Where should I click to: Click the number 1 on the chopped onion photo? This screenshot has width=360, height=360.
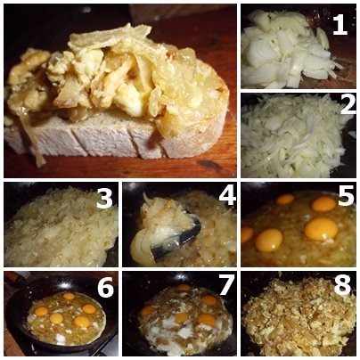click(x=340, y=25)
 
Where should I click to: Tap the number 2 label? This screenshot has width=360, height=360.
click(x=348, y=104)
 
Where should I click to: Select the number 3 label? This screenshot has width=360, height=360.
click(x=104, y=198)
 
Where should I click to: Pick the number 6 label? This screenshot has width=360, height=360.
click(x=105, y=287)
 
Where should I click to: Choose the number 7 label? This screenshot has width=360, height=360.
click(x=226, y=285)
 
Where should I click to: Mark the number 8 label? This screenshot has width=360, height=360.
click(x=342, y=286)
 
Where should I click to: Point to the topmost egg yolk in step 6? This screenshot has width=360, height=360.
click(x=69, y=296)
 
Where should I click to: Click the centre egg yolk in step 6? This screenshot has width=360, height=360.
click(x=56, y=318)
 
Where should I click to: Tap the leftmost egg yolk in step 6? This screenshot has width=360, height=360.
click(x=41, y=311)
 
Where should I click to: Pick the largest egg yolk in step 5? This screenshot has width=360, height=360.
click(x=321, y=229)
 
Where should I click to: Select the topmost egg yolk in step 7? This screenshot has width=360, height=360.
click(x=184, y=287)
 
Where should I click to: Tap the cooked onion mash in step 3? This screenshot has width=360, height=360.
click(x=60, y=229)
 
